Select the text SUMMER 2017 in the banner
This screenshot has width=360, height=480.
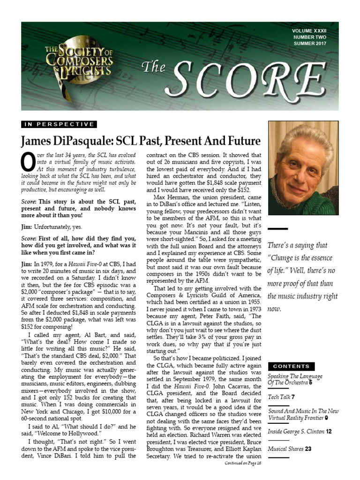310,44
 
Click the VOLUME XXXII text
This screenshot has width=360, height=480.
309,30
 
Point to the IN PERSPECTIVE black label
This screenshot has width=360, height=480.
59,124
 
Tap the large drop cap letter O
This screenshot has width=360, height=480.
27,162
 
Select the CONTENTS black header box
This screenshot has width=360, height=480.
291,366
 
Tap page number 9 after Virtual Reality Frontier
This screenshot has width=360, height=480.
326,417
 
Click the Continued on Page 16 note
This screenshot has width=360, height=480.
242,463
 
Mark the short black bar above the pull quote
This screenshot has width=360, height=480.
277,229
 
